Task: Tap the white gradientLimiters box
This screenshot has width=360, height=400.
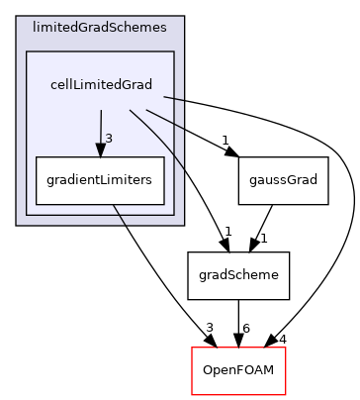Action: click(100, 180)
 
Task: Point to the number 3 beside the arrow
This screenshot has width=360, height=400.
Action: click(109, 138)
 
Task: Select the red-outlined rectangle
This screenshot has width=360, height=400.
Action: click(238, 370)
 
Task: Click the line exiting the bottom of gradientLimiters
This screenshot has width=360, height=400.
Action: click(119, 215)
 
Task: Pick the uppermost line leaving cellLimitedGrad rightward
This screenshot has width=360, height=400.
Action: click(174, 99)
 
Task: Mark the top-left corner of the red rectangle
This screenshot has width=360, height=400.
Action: click(192, 348)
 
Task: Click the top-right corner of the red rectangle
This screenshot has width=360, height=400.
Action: click(285, 348)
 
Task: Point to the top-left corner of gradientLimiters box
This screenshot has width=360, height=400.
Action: click(37, 157)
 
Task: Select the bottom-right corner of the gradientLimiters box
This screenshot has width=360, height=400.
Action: click(163, 204)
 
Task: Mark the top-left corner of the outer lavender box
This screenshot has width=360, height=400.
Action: click(17, 17)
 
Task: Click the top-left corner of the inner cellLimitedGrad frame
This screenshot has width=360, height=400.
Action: click(27, 52)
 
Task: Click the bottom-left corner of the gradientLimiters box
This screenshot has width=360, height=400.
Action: click(37, 204)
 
